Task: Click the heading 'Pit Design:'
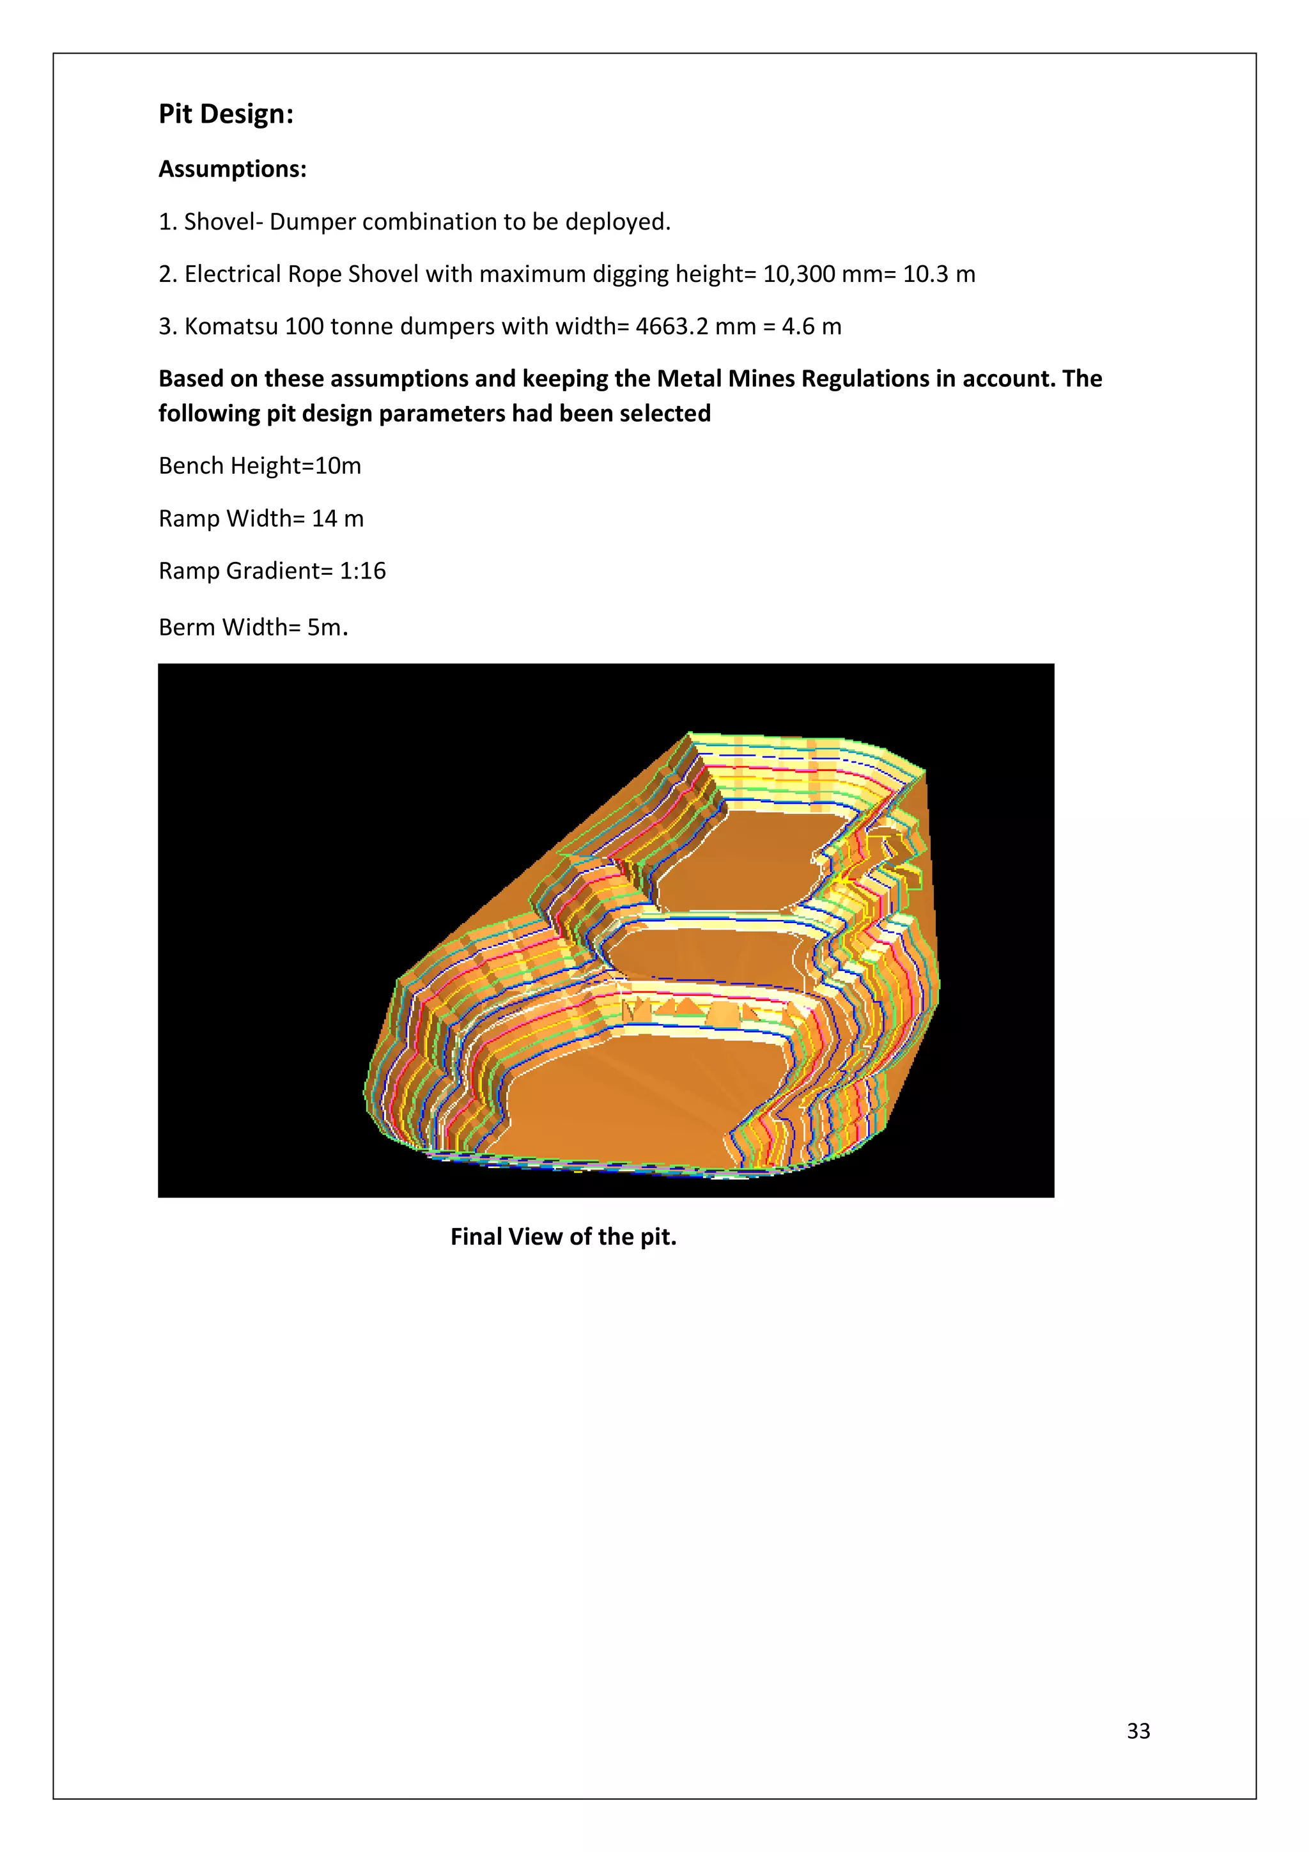click(x=226, y=114)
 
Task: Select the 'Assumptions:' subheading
click(x=232, y=169)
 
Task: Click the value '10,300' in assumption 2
click(x=798, y=274)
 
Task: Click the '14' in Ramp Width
click(x=324, y=518)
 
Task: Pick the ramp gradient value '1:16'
click(x=362, y=571)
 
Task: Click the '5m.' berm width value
click(x=327, y=628)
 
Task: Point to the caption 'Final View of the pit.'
click(x=563, y=1236)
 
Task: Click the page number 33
click(x=1138, y=1731)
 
